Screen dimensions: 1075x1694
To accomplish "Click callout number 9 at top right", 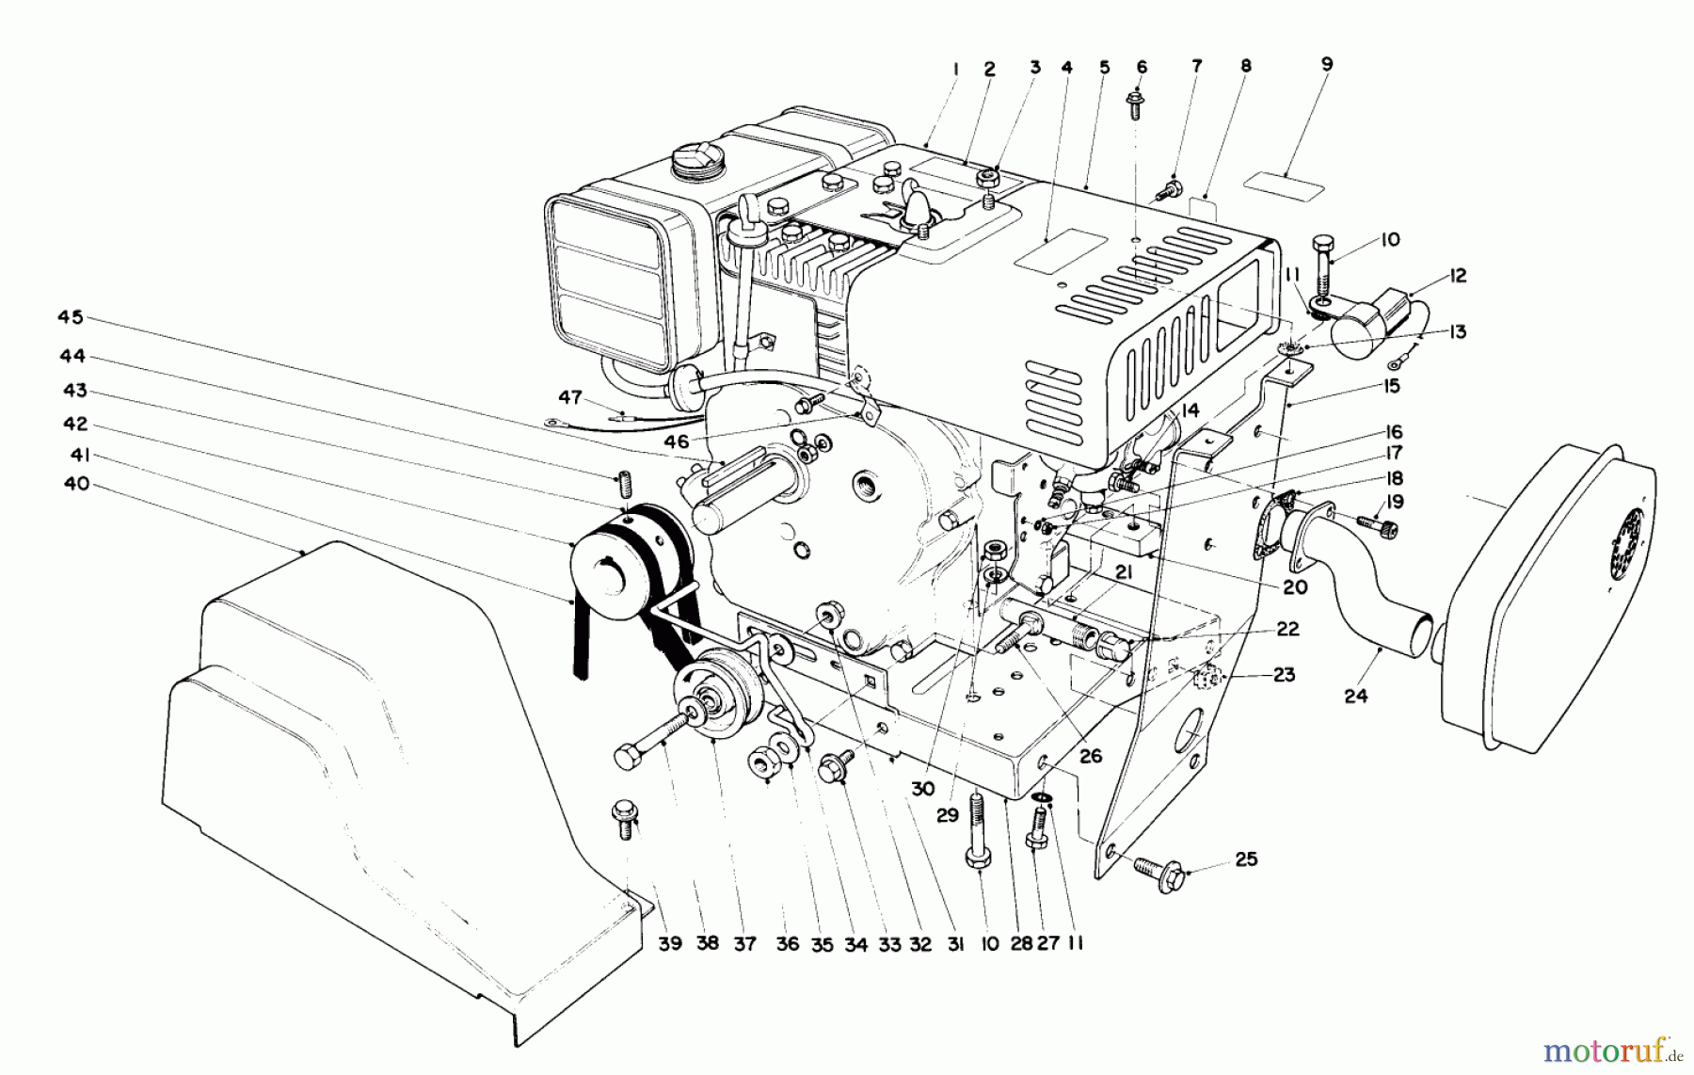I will click(1326, 64).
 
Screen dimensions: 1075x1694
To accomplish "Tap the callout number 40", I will click(77, 484).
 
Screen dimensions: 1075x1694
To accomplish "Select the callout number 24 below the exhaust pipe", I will click(1355, 696).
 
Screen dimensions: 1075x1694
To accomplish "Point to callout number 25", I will click(1245, 859).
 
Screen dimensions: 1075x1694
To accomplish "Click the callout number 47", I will click(570, 397).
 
